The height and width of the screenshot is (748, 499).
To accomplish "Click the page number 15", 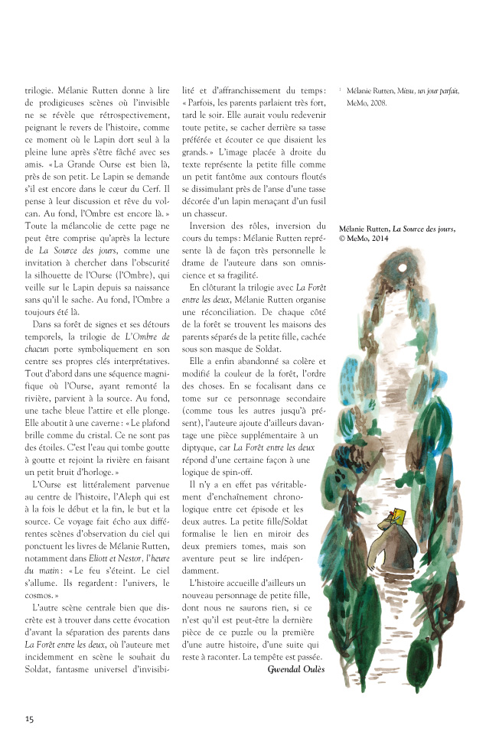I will [29, 718].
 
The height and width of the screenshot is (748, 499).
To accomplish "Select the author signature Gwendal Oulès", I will [297, 669].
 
